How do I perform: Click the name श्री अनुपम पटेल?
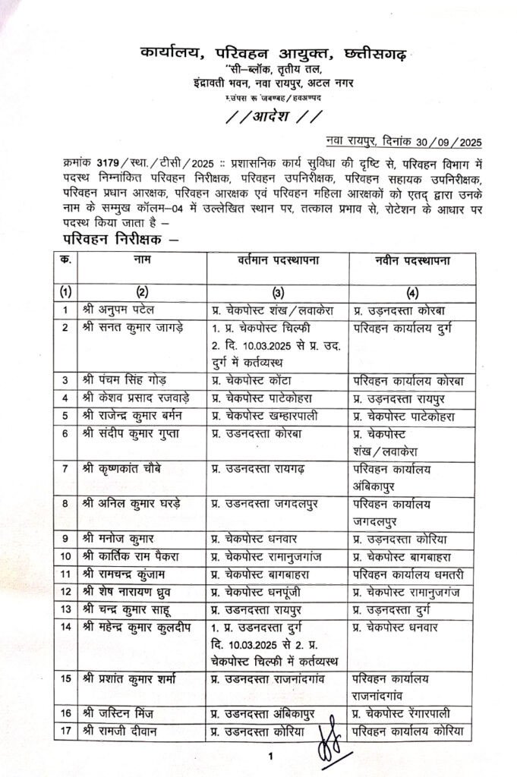[121, 310]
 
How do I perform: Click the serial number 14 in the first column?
[66, 628]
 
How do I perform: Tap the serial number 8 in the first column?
[66, 502]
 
